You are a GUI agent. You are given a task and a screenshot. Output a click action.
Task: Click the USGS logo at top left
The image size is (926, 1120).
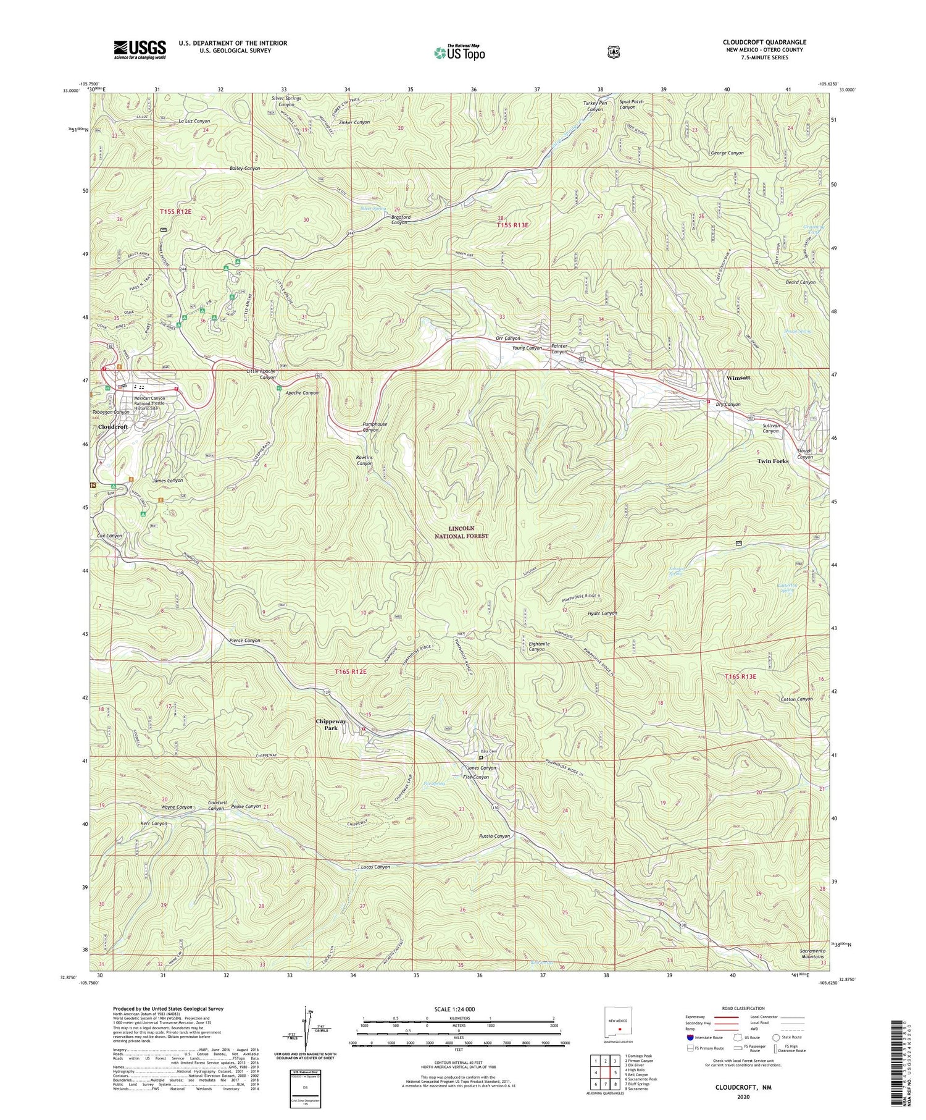[140, 49]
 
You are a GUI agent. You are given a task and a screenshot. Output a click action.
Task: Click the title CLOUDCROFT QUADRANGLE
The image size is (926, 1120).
[764, 42]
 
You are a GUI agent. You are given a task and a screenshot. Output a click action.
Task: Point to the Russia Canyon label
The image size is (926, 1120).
[494, 836]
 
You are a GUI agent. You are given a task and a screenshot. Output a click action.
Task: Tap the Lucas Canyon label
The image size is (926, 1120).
[375, 867]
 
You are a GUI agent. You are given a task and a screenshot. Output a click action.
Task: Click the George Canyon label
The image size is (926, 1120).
[727, 153]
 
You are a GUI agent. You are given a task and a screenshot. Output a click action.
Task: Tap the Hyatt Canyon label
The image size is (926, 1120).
[602, 613]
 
